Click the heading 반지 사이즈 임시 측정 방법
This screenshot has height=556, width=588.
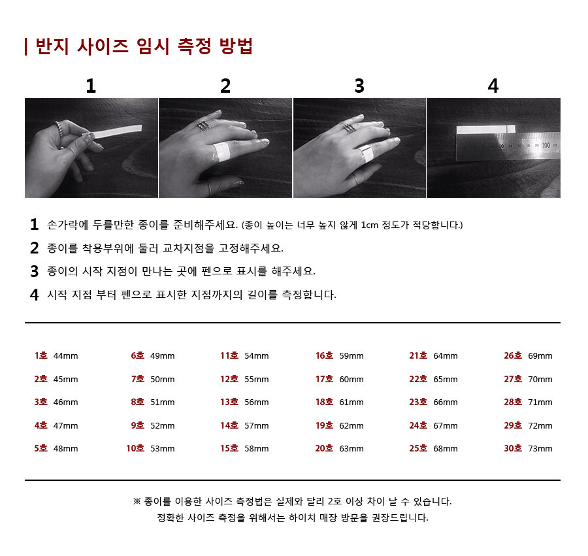pyautogui.click(x=144, y=46)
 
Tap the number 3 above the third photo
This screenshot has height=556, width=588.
pyautogui.click(x=359, y=86)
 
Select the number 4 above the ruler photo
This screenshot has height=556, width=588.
pyautogui.click(x=493, y=86)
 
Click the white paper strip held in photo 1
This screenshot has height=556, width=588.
pyautogui.click(x=116, y=131)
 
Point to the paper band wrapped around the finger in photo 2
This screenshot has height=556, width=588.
pyautogui.click(x=221, y=152)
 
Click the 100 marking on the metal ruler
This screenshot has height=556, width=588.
pyautogui.click(x=546, y=145)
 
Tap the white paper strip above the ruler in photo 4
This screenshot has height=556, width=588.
pyautogui.click(x=485, y=130)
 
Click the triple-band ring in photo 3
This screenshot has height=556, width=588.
pyautogui.click(x=349, y=128)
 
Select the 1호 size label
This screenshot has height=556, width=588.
pyautogui.click(x=41, y=355)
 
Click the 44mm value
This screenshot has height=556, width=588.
pyautogui.click(x=65, y=356)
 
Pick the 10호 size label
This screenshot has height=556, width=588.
pyautogui.click(x=135, y=448)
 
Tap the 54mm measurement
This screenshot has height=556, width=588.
pyautogui.click(x=257, y=356)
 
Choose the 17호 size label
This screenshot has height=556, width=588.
pyautogui.click(x=324, y=379)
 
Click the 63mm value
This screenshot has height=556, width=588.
pyautogui.click(x=351, y=449)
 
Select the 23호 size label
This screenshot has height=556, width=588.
pyautogui.click(x=418, y=402)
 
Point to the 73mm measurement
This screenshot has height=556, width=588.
pyautogui.click(x=540, y=449)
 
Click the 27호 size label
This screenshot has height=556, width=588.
pyautogui.click(x=513, y=379)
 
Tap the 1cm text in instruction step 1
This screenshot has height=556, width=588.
pyautogui.click(x=370, y=225)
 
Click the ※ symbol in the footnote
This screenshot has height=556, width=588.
pyautogui.click(x=137, y=501)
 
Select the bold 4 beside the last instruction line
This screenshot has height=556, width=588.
pyautogui.click(x=34, y=295)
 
